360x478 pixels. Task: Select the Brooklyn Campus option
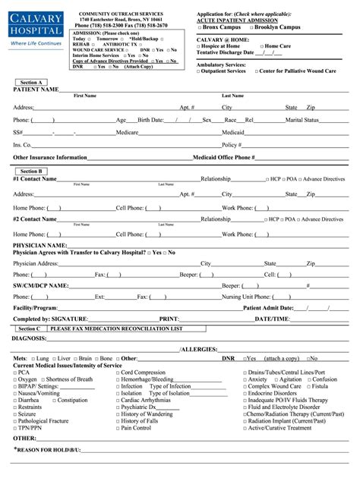[271, 27]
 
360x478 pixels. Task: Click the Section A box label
[32, 82]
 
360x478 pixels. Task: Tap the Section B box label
[32, 171]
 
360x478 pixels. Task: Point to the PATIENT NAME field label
[36, 90]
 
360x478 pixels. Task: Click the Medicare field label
[126, 132]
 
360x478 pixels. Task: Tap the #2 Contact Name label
[35, 219]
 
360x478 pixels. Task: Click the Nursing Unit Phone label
[247, 297]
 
